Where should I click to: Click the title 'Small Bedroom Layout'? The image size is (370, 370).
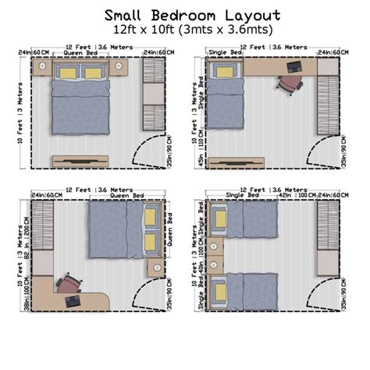[184, 15]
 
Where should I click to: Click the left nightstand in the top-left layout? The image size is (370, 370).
[44, 68]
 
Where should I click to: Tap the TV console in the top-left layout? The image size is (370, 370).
[81, 162]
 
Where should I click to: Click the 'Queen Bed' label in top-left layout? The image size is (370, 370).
[81, 54]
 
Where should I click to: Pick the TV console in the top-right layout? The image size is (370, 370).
[258, 162]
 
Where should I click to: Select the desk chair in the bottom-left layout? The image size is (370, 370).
[69, 282]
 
